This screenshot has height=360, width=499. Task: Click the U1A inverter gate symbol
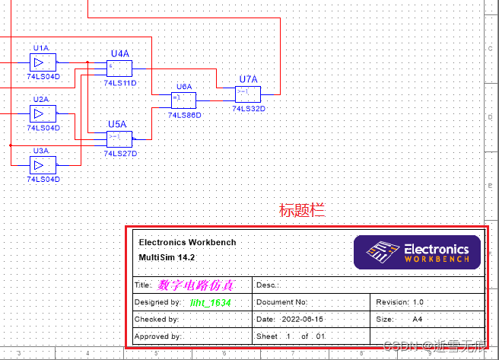pyautogui.click(x=38, y=62)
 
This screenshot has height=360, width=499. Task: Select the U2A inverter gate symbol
pyautogui.click(x=38, y=113)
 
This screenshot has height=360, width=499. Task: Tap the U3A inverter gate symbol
pyautogui.click(x=38, y=164)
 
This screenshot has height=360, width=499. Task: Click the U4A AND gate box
pyautogui.click(x=119, y=68)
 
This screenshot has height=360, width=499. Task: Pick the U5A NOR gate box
pyautogui.click(x=119, y=138)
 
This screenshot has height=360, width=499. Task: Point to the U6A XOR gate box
pyautogui.click(x=184, y=100)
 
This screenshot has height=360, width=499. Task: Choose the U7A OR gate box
pyautogui.click(x=248, y=94)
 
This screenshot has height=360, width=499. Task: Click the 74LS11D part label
pyautogui.click(x=120, y=82)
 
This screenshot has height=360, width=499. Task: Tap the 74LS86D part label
pyautogui.click(x=184, y=115)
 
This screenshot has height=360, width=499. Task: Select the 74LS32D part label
pyautogui.click(x=249, y=108)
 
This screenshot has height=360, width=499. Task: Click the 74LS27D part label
pyautogui.click(x=120, y=152)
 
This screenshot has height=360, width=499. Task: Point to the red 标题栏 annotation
pyautogui.click(x=302, y=211)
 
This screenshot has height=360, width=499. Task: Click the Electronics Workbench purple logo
pyautogui.click(x=417, y=250)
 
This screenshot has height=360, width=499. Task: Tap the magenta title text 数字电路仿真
pyautogui.click(x=195, y=285)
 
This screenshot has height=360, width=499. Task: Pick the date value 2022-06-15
pyautogui.click(x=302, y=319)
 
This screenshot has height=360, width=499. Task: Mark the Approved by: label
pyautogui.click(x=157, y=336)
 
